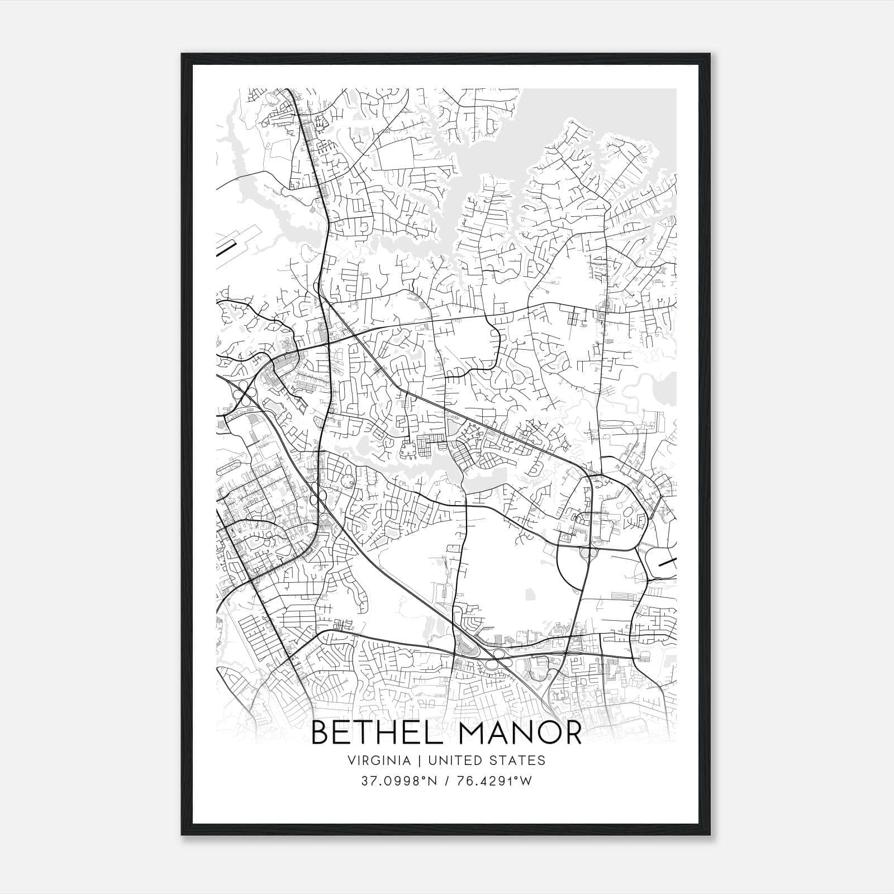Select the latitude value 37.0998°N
(398, 781)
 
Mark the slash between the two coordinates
(448, 781)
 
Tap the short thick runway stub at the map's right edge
(667, 563)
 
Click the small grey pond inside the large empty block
(529, 596)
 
